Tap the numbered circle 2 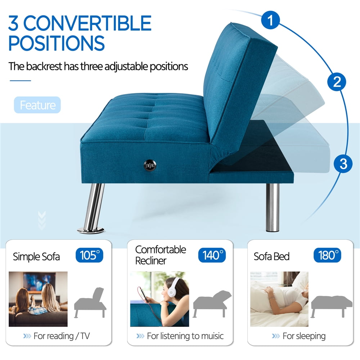[x=337, y=82]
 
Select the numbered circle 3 [x=343, y=164]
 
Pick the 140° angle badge [x=212, y=255]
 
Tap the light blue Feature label [x=37, y=105]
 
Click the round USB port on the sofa [x=150, y=165]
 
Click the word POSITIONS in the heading [x=57, y=43]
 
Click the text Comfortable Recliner [x=161, y=255]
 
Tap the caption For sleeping [x=304, y=336]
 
